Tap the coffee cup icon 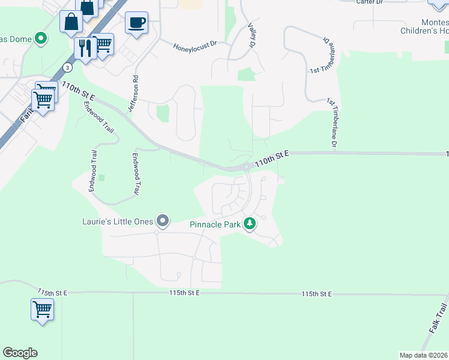tap(137, 23)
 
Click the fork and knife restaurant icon tap(85, 47)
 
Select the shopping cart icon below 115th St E tap(42, 310)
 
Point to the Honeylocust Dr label tap(194, 46)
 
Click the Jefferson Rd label tap(133, 93)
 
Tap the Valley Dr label tap(252, 35)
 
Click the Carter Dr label tap(369, 2)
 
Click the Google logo tap(20, 353)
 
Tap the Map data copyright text tap(423, 355)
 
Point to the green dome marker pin tap(41, 39)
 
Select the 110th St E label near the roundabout tap(271, 158)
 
